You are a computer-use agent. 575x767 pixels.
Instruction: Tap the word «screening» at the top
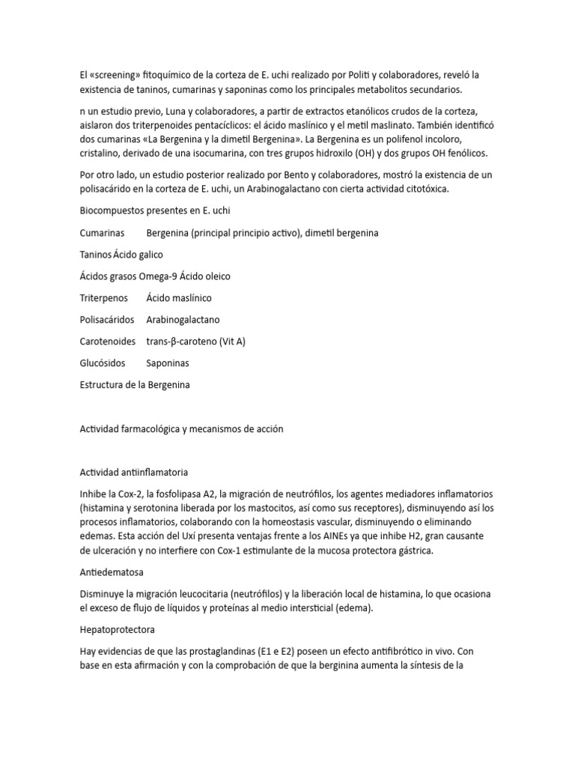pyautogui.click(x=115, y=75)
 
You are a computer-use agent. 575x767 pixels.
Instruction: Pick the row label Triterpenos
pyautogui.click(x=104, y=298)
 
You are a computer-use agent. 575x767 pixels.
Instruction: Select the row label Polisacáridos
pyautogui.click(x=107, y=320)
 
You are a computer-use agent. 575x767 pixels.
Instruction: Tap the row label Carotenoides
pyautogui.click(x=108, y=342)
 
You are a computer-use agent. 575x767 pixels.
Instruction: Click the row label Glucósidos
pyautogui.click(x=103, y=363)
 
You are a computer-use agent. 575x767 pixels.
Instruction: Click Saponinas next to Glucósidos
pyautogui.click(x=168, y=363)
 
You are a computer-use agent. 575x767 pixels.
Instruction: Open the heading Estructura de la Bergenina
pyautogui.click(x=135, y=385)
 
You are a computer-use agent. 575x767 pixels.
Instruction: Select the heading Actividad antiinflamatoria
pyautogui.click(x=133, y=473)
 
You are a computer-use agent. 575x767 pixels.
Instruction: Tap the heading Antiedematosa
pyautogui.click(x=113, y=573)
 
